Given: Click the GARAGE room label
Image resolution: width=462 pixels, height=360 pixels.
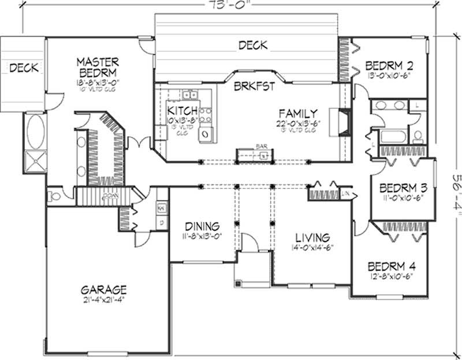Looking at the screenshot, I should pyautogui.click(x=103, y=290).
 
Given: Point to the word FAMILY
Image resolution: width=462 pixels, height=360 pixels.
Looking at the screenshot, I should pyautogui.click(x=297, y=113).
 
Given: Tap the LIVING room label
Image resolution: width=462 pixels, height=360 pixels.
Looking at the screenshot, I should pyautogui.click(x=312, y=237).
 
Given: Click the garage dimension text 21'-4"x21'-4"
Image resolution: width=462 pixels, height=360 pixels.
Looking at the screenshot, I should pyautogui.click(x=104, y=299).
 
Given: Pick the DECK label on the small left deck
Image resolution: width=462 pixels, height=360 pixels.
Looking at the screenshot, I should pyautogui.click(x=24, y=68).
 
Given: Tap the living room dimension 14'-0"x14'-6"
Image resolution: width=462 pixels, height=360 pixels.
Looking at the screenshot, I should pyautogui.click(x=312, y=247).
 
